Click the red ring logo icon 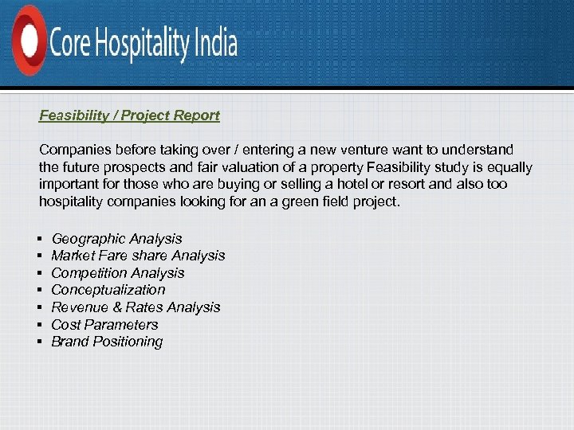[29, 40]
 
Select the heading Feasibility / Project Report [129, 115]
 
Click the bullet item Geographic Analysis [116, 239]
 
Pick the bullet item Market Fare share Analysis [138, 256]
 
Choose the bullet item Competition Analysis [117, 273]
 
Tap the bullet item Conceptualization [108, 290]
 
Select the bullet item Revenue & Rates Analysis [136, 307]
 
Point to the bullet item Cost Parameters [104, 325]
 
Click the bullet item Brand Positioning [107, 342]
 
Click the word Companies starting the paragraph [75, 150]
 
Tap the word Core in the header [70, 42]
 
